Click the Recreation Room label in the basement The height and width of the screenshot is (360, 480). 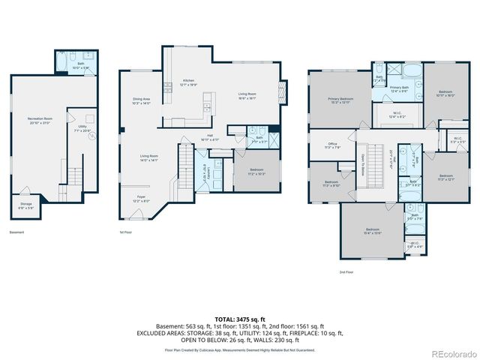[39, 120]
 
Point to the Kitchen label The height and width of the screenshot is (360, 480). [188, 82]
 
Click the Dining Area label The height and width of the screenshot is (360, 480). [142, 100]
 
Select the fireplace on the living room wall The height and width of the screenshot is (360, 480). [283, 92]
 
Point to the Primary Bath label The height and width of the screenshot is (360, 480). [399, 89]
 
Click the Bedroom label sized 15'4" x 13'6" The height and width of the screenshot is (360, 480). [373, 230]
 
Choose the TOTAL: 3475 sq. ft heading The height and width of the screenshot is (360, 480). [239, 319]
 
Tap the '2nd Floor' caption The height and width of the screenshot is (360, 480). [346, 271]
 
